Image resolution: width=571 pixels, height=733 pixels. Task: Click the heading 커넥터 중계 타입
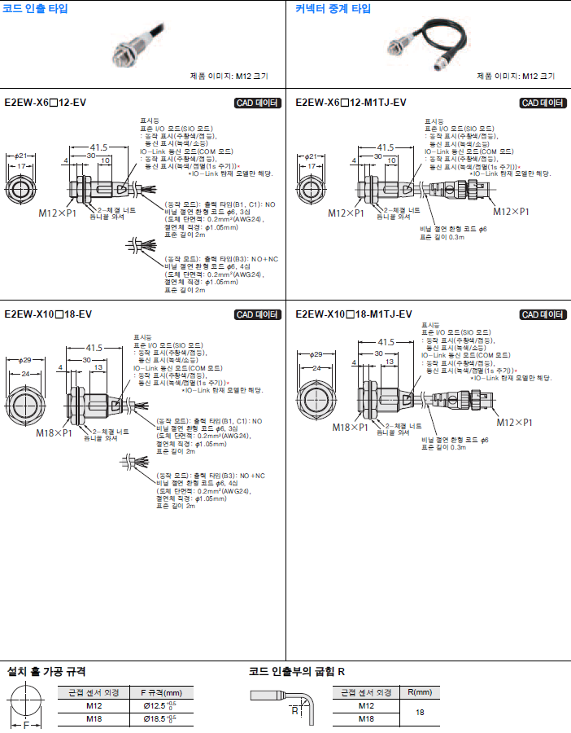click(x=333, y=9)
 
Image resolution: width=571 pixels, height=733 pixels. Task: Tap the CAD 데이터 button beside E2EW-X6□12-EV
click(x=257, y=103)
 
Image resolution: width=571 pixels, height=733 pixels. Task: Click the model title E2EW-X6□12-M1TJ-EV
click(x=351, y=103)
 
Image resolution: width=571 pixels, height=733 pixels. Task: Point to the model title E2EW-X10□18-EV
click(x=48, y=314)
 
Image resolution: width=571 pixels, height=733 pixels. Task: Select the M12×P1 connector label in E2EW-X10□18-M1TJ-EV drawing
click(x=515, y=423)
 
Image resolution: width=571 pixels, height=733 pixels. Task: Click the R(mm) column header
click(x=419, y=692)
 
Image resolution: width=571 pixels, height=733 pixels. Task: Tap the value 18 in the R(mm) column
click(x=420, y=713)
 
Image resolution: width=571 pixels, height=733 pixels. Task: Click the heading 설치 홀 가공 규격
click(x=46, y=672)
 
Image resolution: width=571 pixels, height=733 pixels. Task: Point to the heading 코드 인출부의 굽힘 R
click(x=296, y=672)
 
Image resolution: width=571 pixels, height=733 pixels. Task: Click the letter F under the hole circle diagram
click(x=26, y=724)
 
